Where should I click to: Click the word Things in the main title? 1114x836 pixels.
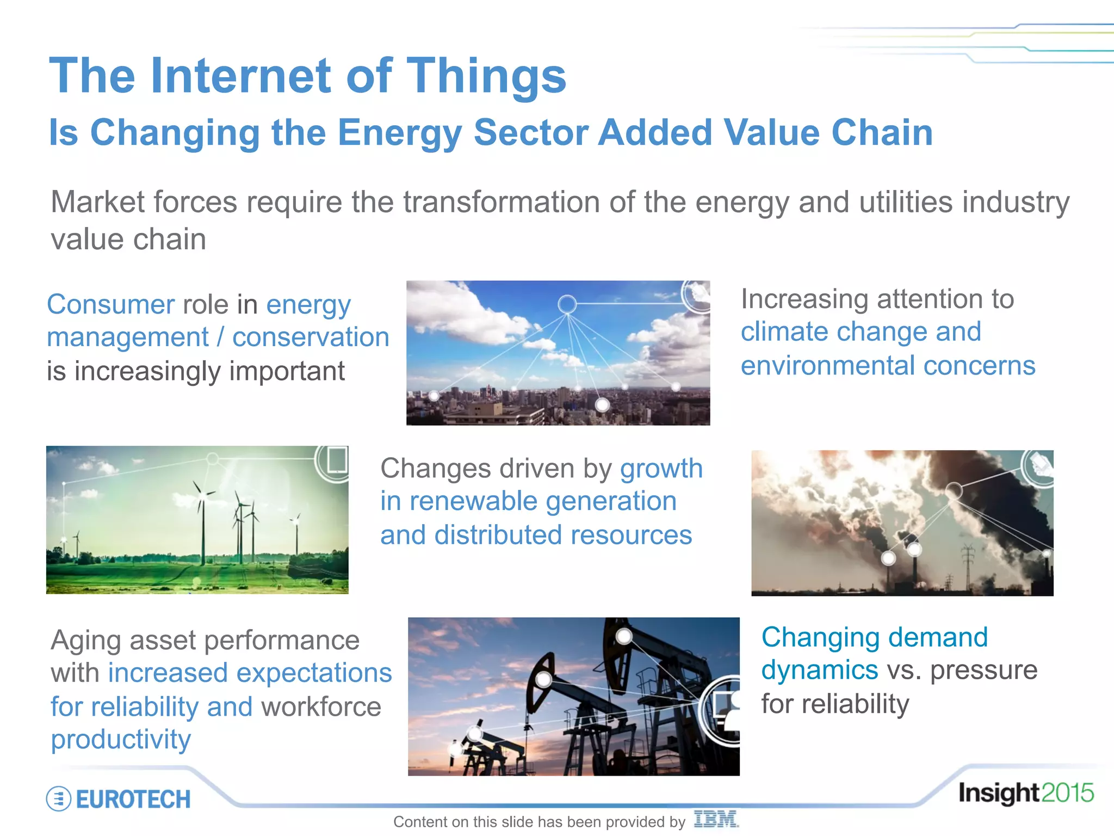tap(486, 76)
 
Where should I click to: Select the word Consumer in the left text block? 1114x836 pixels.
tap(110, 304)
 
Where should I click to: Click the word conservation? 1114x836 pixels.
tap(311, 337)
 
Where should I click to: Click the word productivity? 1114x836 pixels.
tap(121, 740)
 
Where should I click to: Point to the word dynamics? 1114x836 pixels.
tap(819, 670)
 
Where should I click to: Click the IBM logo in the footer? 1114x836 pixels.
tap(715, 819)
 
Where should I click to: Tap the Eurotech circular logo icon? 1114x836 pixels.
tap(59, 799)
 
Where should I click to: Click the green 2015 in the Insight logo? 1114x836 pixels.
tap(1067, 793)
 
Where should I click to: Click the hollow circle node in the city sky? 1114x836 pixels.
tap(567, 304)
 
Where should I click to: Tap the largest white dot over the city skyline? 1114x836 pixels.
tap(602, 405)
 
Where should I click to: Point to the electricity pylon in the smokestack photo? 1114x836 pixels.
tap(968, 566)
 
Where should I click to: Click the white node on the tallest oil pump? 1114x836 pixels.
tap(624, 636)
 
